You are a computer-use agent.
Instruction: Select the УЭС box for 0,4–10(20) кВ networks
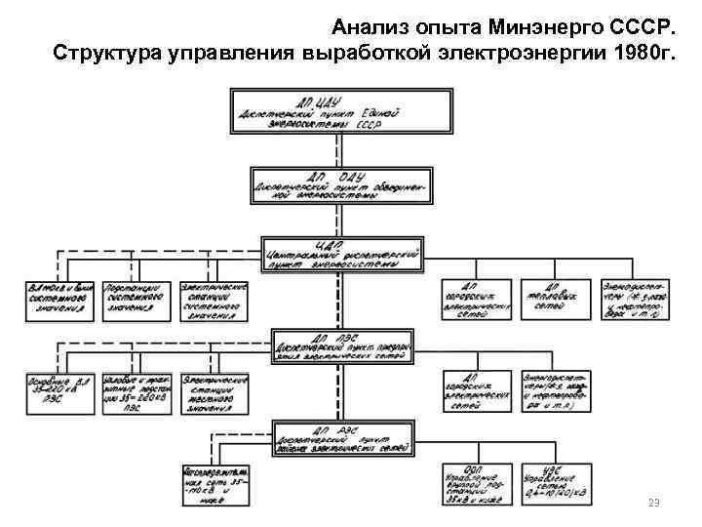[552, 485]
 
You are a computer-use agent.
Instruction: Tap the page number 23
[654, 504]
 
